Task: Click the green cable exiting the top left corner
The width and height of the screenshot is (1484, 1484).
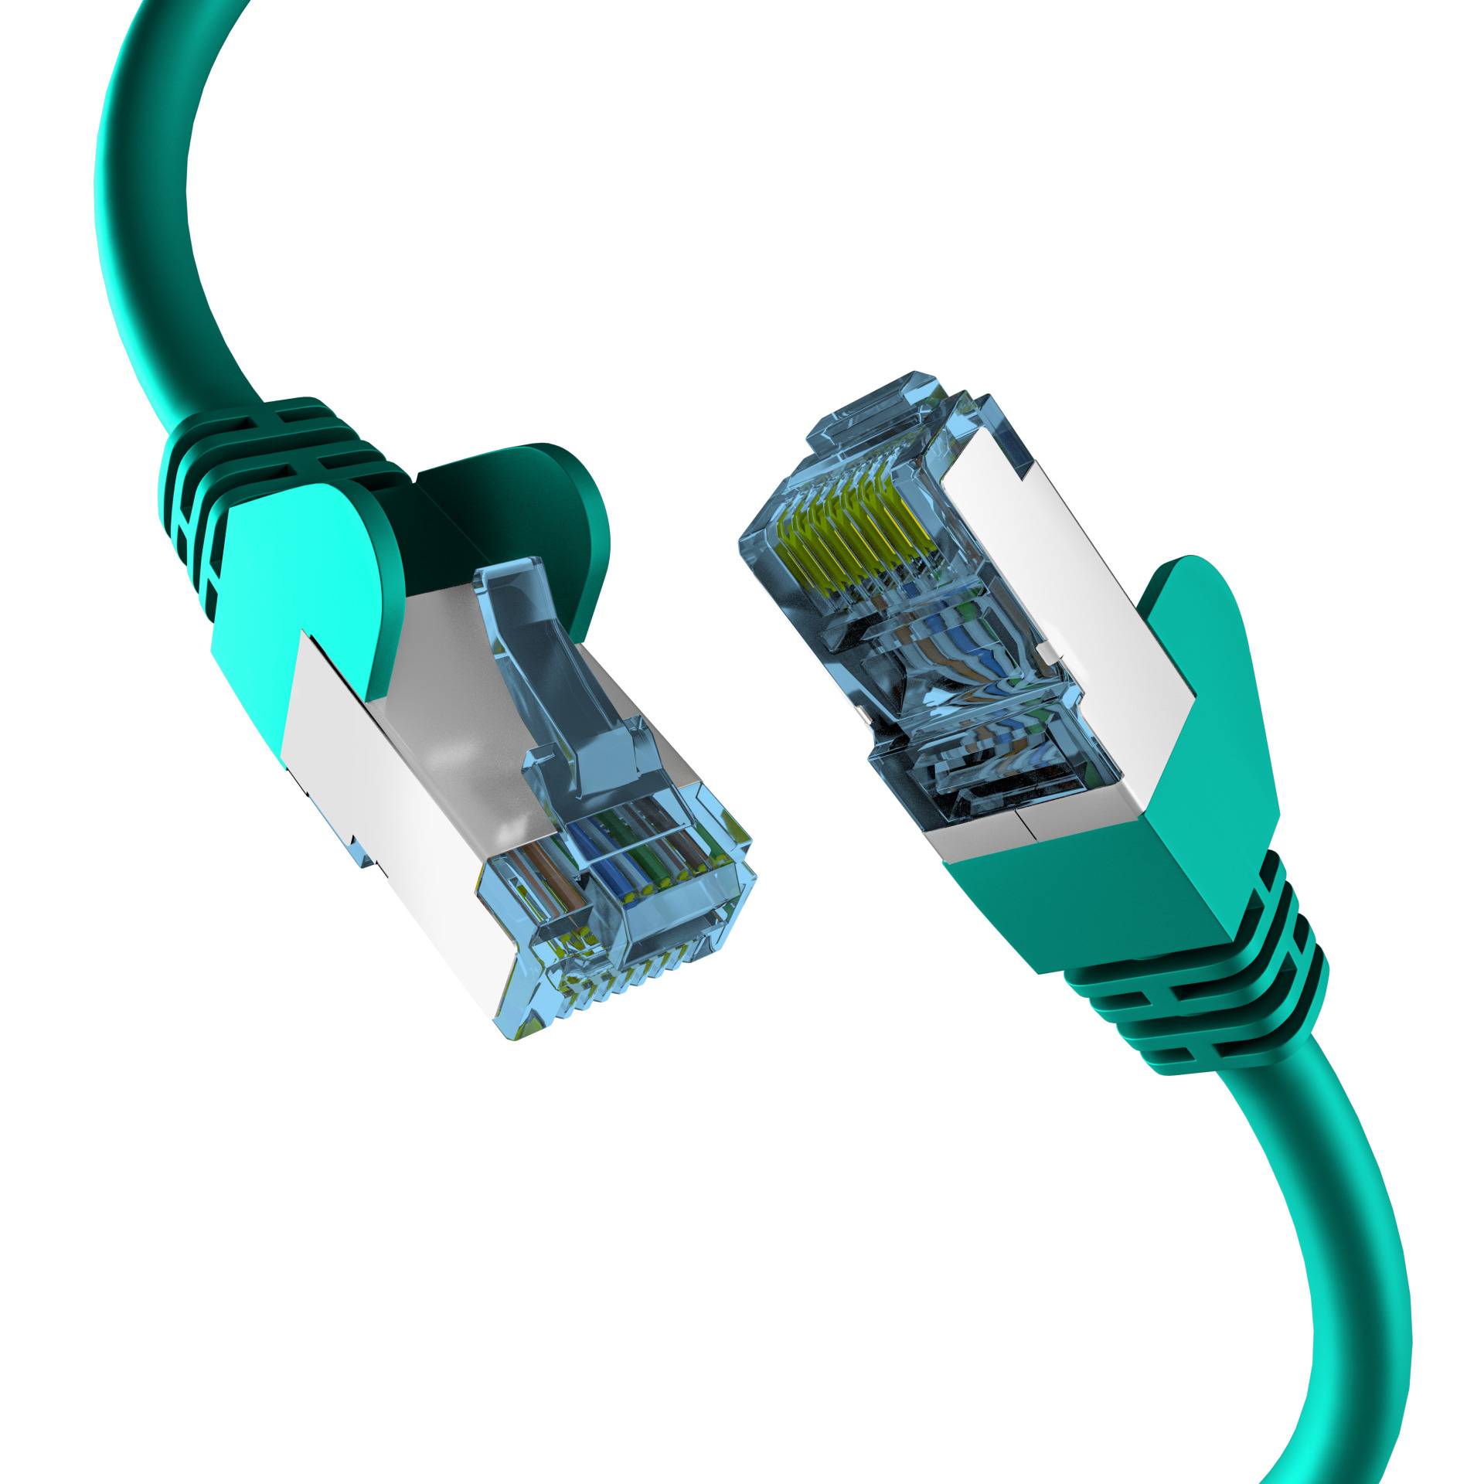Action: click(x=155, y=193)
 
